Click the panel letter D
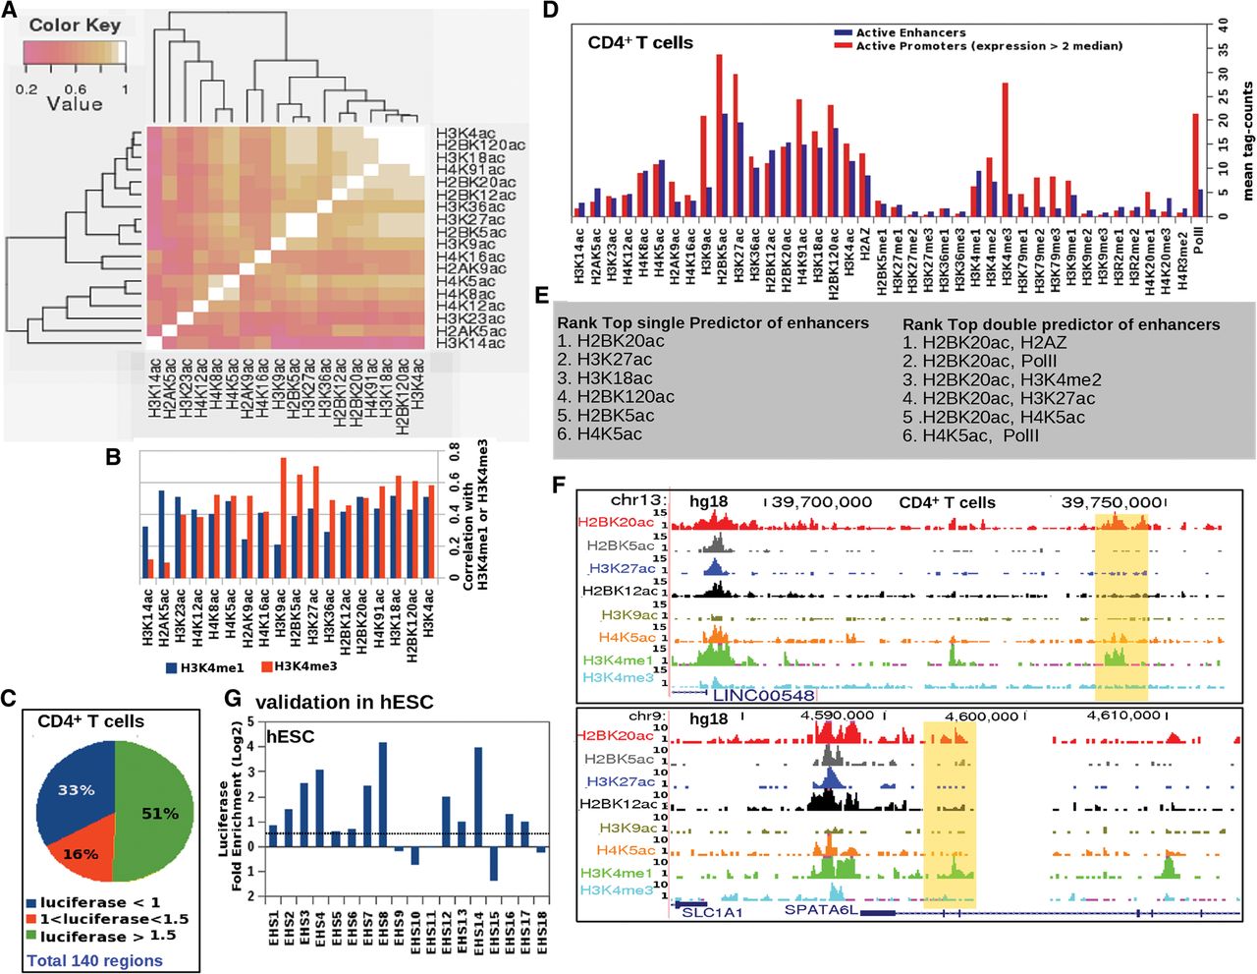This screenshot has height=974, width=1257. pos(550,11)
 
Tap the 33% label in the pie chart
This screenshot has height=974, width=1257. pos(76,790)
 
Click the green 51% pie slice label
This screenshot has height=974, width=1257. pos(159,814)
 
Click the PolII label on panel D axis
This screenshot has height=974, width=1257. pos(1198,238)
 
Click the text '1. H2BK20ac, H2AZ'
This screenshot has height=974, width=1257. pos(984,342)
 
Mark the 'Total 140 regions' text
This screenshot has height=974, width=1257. pos(94,960)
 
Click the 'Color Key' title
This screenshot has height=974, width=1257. pos(75,25)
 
